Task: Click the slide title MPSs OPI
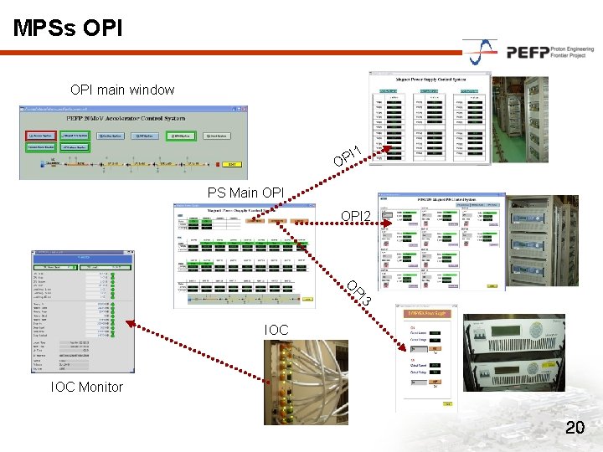[68, 28]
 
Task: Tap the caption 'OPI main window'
[122, 90]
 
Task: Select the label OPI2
[356, 218]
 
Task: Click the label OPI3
[359, 292]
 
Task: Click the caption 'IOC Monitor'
[86, 387]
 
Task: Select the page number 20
[575, 428]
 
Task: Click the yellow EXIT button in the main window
[233, 164]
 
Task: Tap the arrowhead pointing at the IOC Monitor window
[128, 322]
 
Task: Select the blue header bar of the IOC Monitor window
[83, 257]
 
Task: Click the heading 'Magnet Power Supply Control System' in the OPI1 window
[430, 80]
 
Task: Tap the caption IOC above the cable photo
[276, 331]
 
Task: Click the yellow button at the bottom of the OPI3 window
[447, 404]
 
